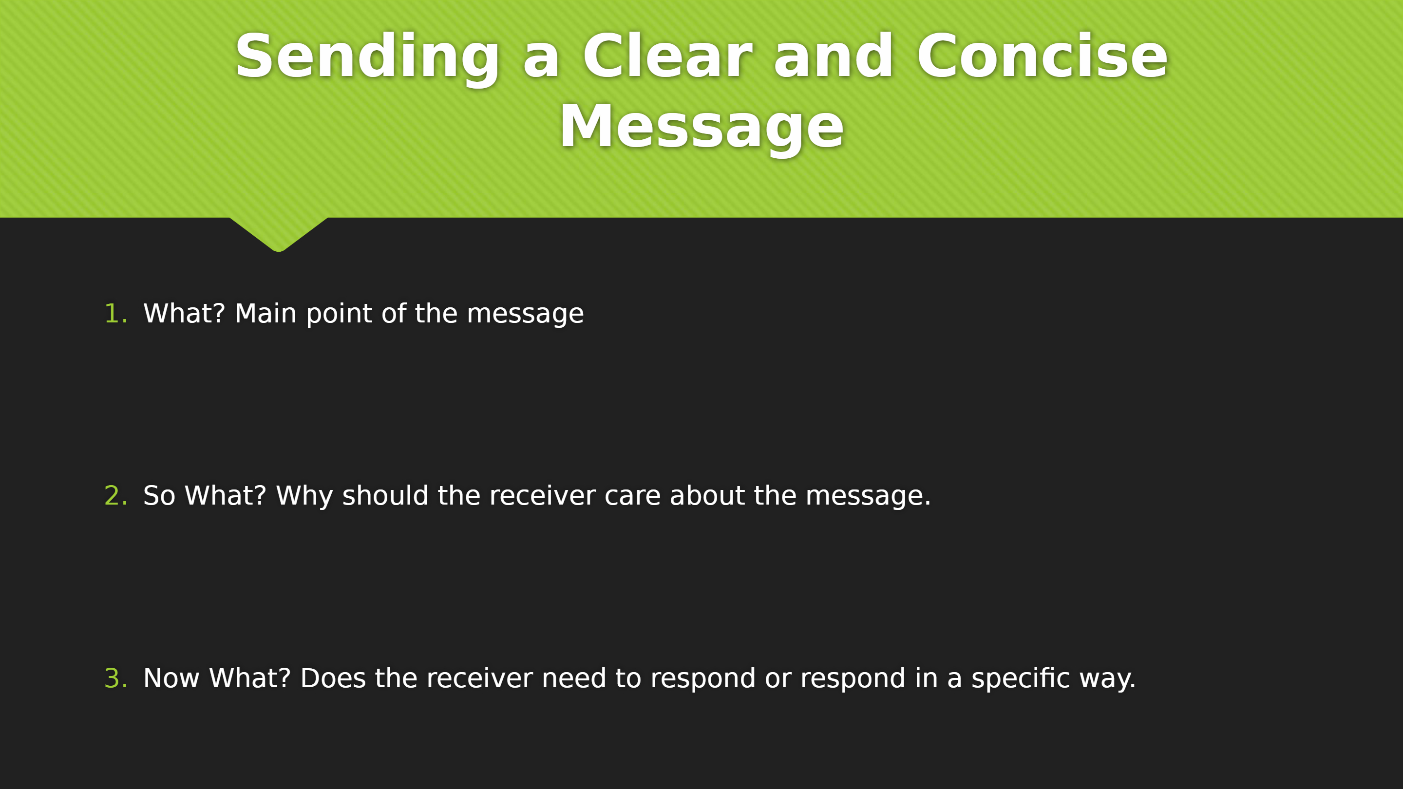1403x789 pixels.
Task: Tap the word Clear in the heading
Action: (668, 56)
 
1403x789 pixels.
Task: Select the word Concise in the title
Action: (1043, 56)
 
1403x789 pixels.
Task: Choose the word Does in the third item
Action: (333, 678)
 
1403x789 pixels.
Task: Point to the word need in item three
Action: (573, 678)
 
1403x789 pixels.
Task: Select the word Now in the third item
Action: (171, 678)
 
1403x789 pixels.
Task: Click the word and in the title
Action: (834, 56)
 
